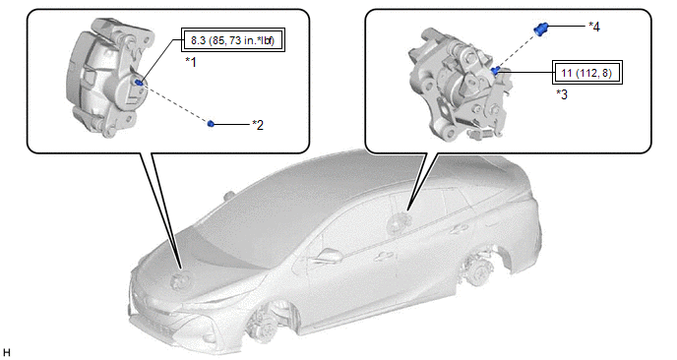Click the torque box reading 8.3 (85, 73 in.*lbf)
(x=233, y=41)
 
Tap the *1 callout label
(x=191, y=63)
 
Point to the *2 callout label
(x=258, y=125)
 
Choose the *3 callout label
(x=562, y=94)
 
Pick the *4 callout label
(x=594, y=27)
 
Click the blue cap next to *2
(x=211, y=124)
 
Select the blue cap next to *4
(x=539, y=29)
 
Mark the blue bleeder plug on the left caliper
(x=139, y=82)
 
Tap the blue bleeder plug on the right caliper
(x=495, y=71)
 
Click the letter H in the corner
(x=6, y=353)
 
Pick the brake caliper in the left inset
(x=110, y=77)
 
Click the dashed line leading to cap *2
(x=175, y=102)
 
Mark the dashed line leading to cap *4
(x=517, y=50)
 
